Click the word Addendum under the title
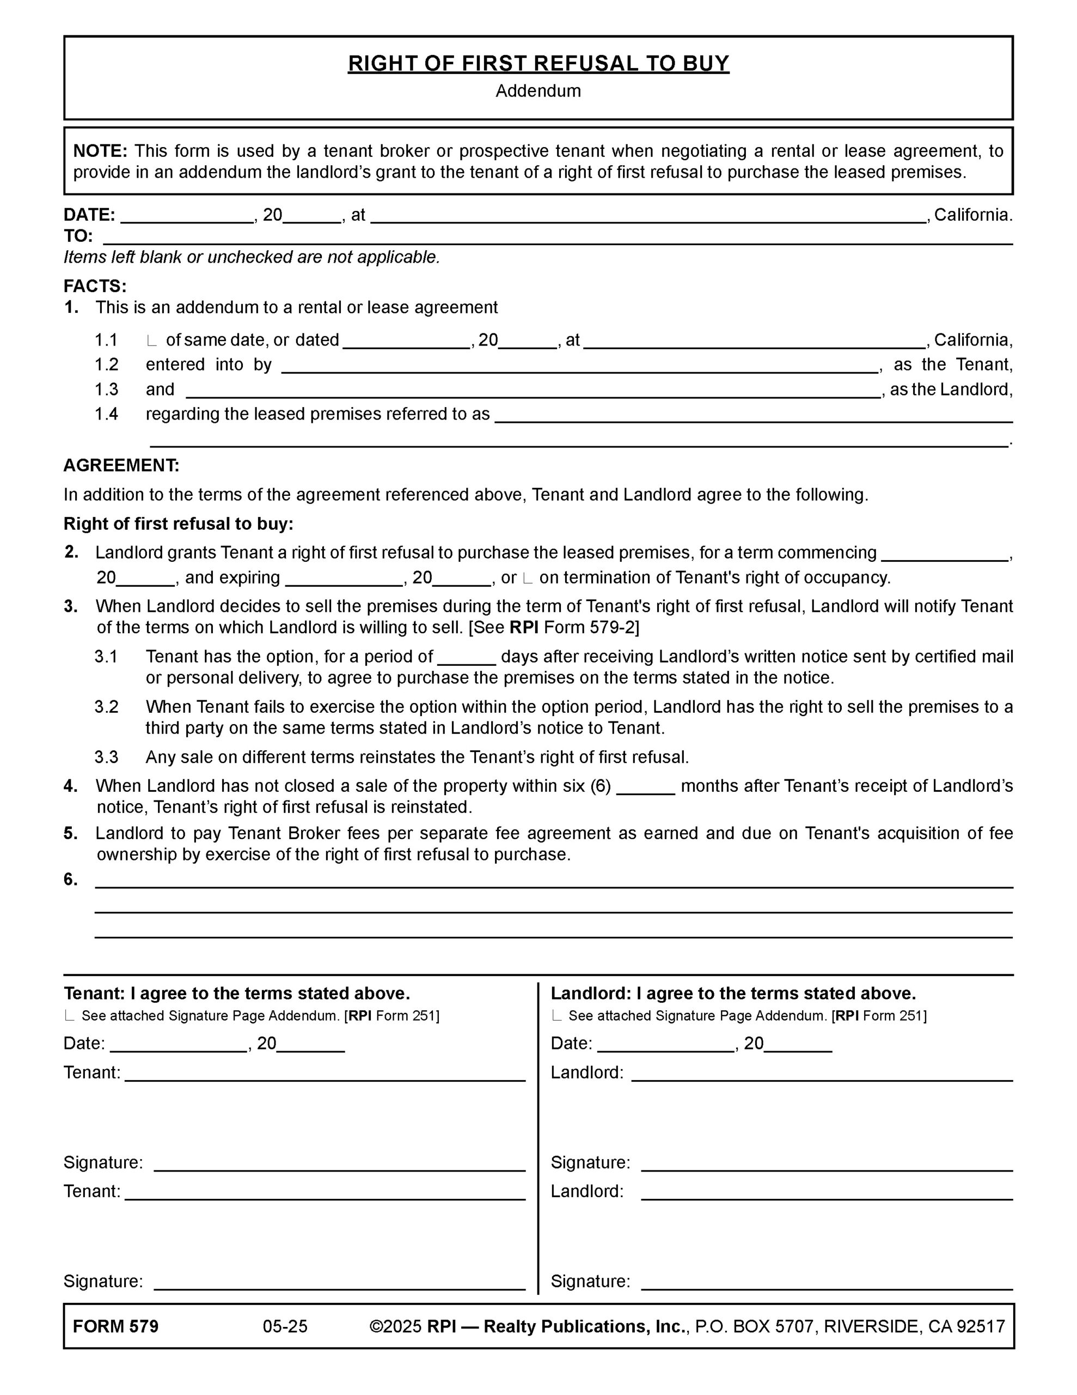click(538, 92)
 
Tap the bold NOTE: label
click(100, 151)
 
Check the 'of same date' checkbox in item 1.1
click(151, 341)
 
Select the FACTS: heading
click(95, 286)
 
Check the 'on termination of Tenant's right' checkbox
click(527, 579)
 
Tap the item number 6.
click(70, 880)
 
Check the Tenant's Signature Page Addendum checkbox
click(69, 1016)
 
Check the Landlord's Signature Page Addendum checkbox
click(556, 1016)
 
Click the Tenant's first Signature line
click(339, 1164)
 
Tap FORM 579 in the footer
click(115, 1327)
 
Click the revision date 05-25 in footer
click(285, 1327)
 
